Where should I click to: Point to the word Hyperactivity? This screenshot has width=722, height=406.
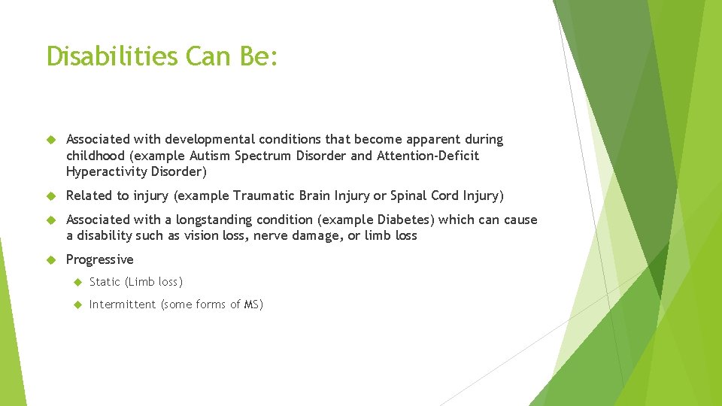point(106,172)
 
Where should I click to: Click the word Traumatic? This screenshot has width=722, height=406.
point(266,196)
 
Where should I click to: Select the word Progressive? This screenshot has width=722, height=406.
point(99,260)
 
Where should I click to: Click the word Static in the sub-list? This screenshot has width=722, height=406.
point(105,282)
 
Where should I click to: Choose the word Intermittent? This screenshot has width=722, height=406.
point(123,304)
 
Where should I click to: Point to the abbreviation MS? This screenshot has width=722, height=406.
point(251,304)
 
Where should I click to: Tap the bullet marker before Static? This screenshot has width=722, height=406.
point(76,282)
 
